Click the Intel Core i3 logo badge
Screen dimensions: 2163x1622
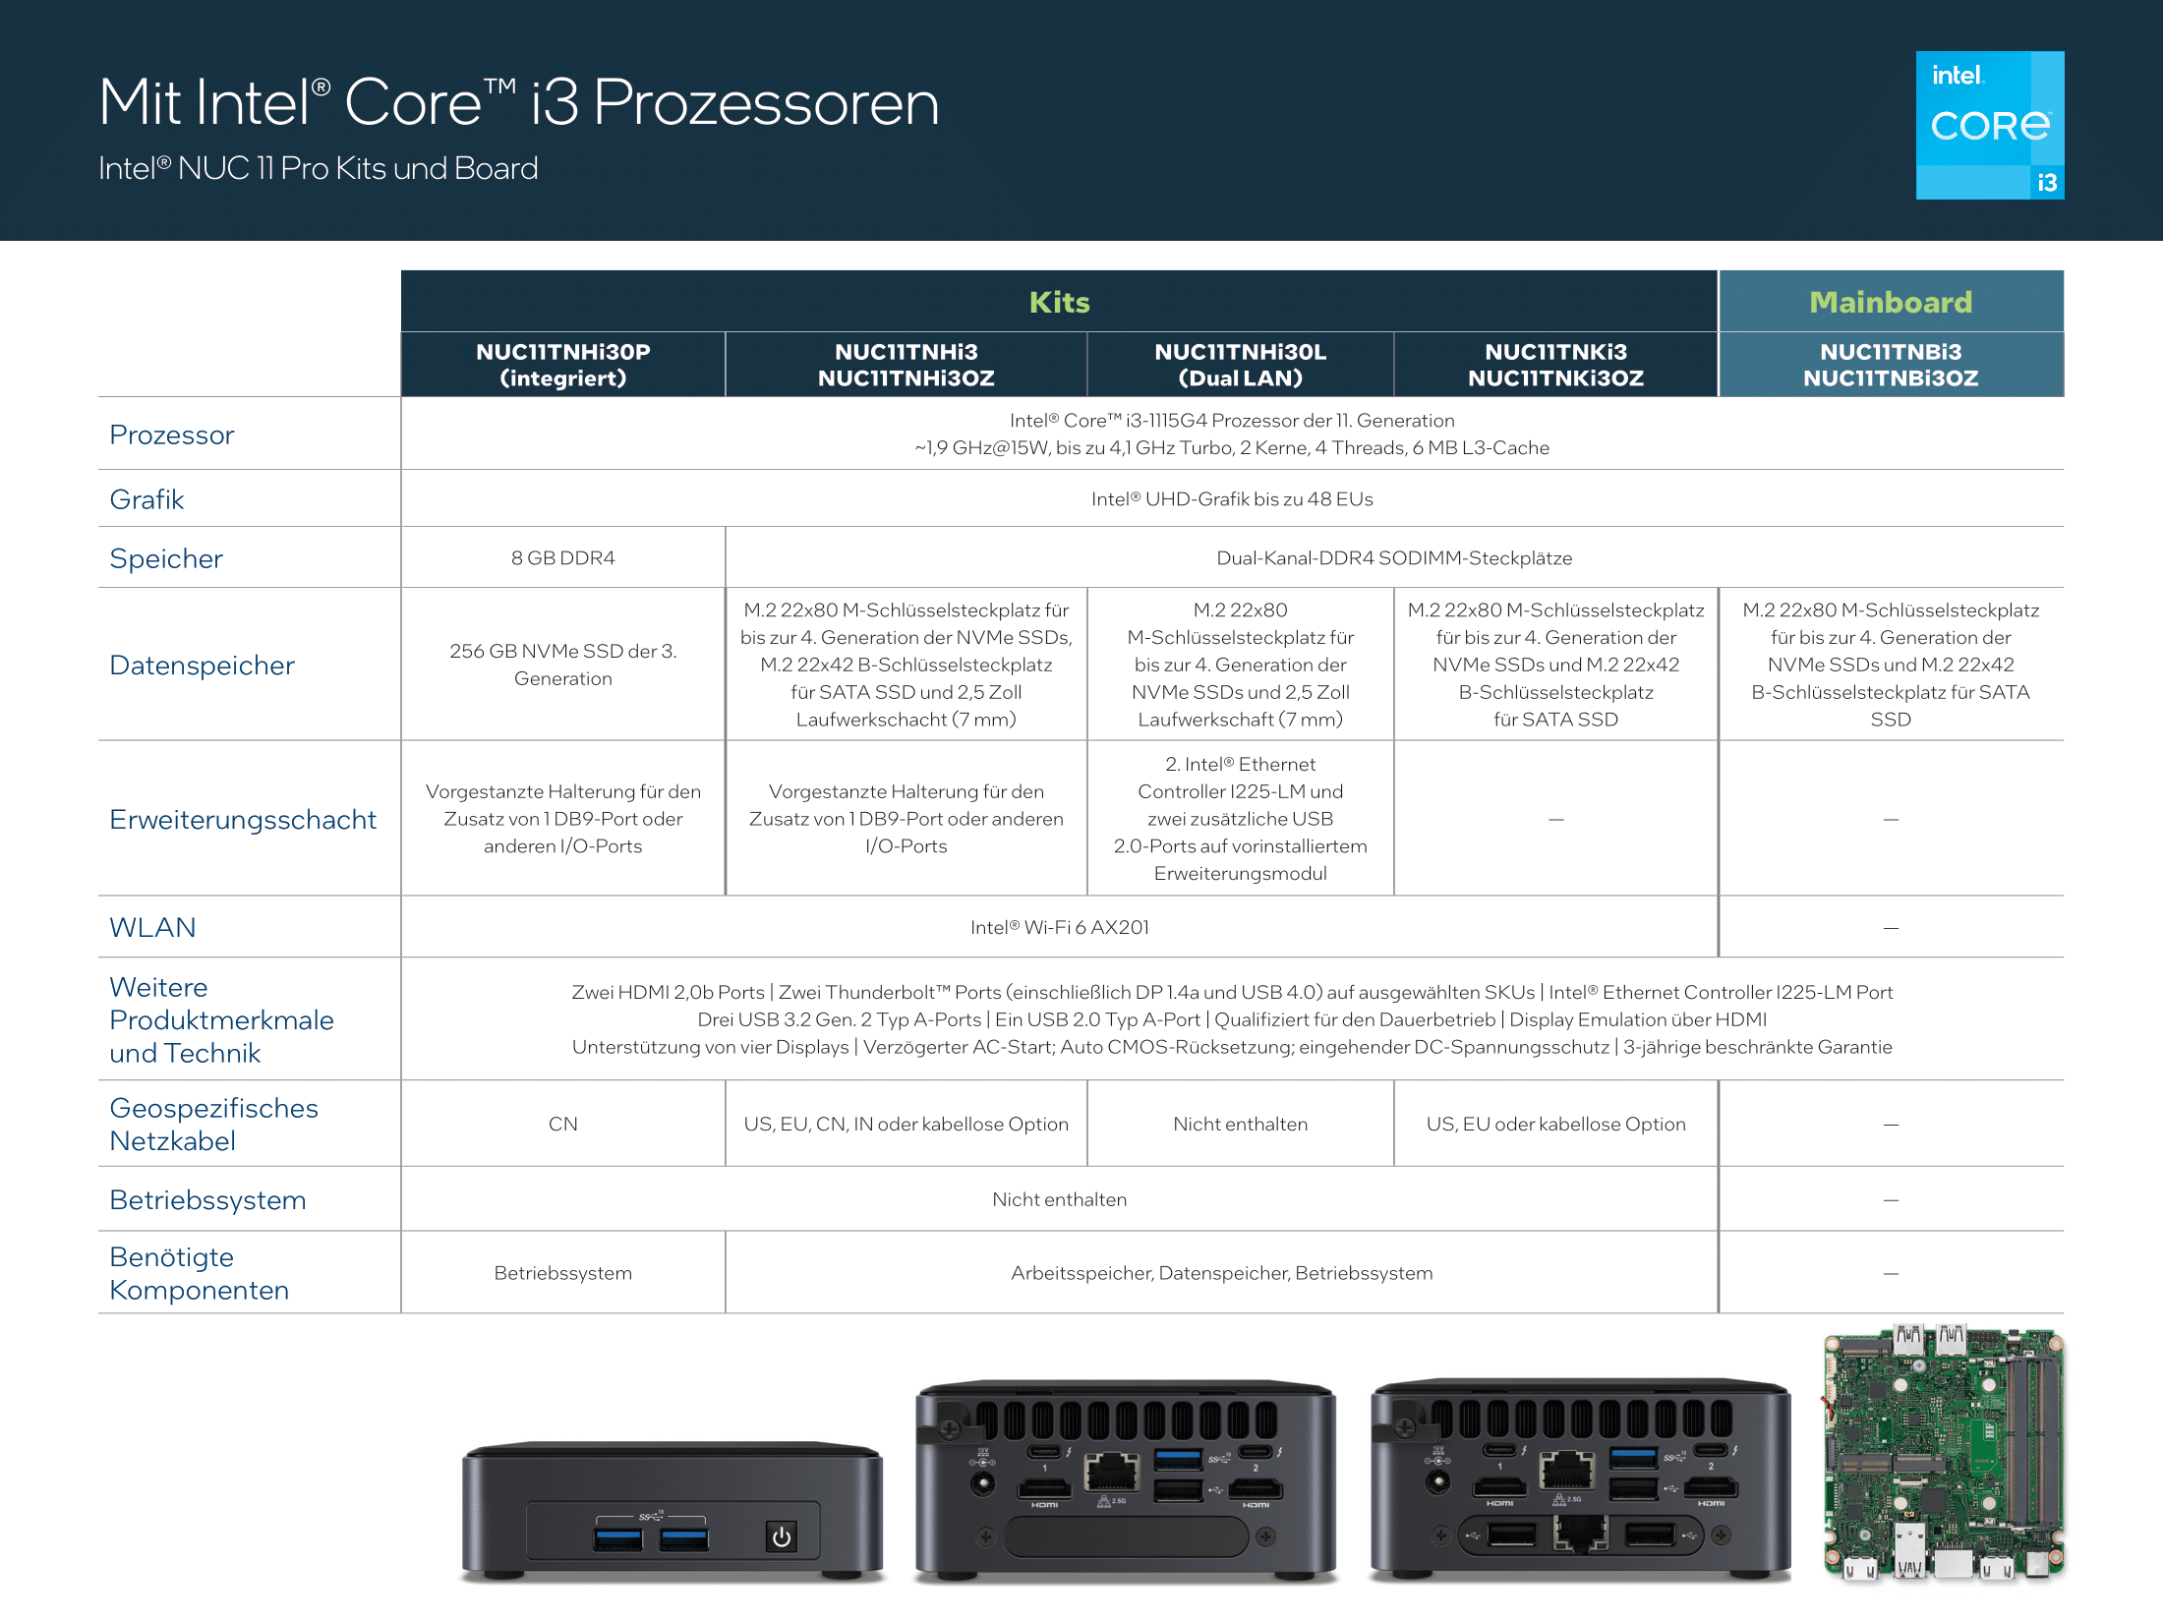tap(1990, 125)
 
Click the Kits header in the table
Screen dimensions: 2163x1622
tap(1059, 302)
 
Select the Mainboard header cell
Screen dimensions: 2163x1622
tap(1891, 302)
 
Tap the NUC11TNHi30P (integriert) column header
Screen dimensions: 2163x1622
tap(563, 365)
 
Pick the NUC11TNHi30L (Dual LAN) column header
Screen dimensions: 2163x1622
tap(1240, 365)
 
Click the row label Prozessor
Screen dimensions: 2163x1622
tap(172, 434)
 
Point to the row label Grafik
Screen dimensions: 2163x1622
tap(146, 499)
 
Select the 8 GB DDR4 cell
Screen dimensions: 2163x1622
tap(563, 557)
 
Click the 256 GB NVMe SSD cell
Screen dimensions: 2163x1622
tap(563, 665)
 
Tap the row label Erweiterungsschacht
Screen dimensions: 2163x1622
tap(243, 819)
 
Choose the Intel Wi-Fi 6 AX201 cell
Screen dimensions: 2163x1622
tap(1059, 927)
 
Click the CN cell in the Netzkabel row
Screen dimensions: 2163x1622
tap(563, 1124)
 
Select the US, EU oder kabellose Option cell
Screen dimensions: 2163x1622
tap(1555, 1124)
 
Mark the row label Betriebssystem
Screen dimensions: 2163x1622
tap(207, 1200)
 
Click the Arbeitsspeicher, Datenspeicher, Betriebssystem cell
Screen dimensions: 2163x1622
tap(1222, 1273)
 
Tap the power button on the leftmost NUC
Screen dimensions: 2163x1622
tap(782, 1536)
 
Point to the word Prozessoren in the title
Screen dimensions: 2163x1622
tap(766, 102)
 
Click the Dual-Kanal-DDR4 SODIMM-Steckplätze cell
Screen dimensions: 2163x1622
tap(1394, 557)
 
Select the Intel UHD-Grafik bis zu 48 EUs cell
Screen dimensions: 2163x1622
tap(1232, 498)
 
